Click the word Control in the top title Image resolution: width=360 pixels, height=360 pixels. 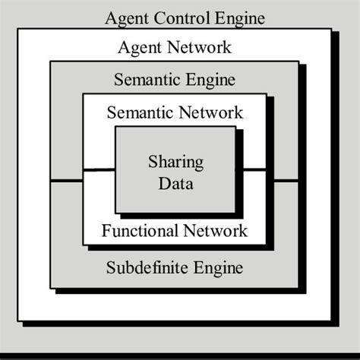pyautogui.click(x=179, y=17)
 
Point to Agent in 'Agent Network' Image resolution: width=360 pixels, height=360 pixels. pyautogui.click(x=139, y=49)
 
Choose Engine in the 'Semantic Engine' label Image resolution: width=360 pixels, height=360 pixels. pyautogui.click(x=210, y=80)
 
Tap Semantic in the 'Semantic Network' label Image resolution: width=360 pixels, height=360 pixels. pyautogui.click(x=138, y=113)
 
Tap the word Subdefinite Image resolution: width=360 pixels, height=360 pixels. pyautogui.click(x=145, y=267)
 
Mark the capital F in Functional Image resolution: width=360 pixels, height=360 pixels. pyautogui.click(x=105, y=229)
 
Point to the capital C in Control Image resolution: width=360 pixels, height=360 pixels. pyautogui.click(x=159, y=17)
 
